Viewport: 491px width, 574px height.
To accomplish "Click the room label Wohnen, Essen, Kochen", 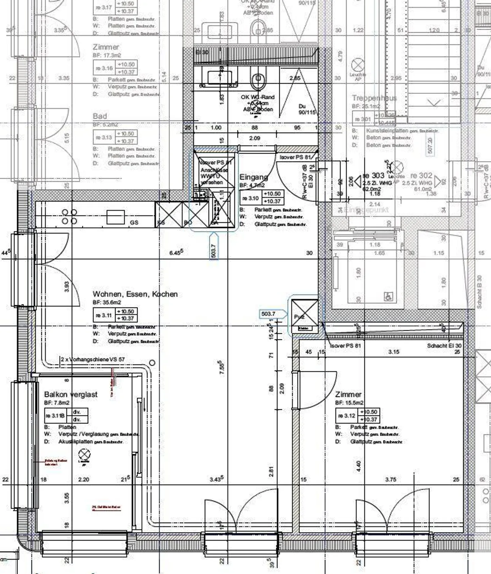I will click(135, 294).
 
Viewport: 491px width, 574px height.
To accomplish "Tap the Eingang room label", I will click(253, 177).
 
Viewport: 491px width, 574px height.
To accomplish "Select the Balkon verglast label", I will click(71, 395).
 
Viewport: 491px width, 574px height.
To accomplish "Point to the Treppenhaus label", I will click(374, 98).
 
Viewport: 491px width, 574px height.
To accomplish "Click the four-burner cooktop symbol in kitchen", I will click(70, 217).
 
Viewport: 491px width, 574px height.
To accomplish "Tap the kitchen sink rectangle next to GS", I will click(115, 217).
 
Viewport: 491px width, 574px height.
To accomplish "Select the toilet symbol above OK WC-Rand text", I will click(258, 79).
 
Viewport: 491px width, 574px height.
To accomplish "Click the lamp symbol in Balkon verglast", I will click(84, 455).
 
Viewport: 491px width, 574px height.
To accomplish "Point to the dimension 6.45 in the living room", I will click(176, 252).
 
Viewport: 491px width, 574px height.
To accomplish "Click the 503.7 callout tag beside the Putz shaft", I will click(268, 314).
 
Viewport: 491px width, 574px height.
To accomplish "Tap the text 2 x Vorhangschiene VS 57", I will click(93, 359).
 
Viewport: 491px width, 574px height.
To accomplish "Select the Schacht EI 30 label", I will click(444, 346).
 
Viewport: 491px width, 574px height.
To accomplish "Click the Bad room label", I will click(100, 116).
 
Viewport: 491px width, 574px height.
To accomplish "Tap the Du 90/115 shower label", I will click(307, 109).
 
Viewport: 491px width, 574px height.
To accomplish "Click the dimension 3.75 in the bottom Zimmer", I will click(391, 480).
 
